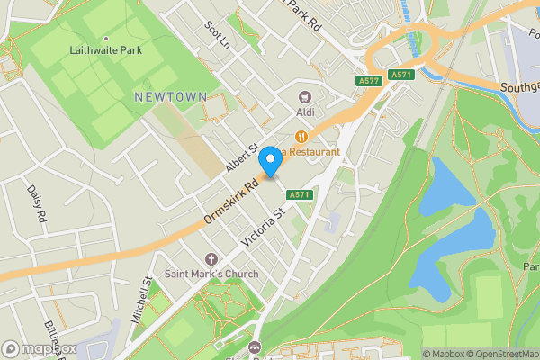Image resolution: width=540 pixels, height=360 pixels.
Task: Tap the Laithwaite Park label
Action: (x=106, y=50)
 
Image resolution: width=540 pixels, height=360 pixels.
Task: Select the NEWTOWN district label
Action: (x=170, y=96)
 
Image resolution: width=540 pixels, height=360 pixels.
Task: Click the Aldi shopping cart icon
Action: (x=304, y=96)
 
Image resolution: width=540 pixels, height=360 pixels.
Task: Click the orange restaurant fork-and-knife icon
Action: (x=301, y=136)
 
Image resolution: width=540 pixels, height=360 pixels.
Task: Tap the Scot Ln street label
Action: (x=217, y=35)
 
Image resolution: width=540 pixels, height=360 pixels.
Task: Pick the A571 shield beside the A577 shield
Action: (x=401, y=75)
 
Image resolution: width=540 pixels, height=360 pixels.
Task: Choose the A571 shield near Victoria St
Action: (x=300, y=194)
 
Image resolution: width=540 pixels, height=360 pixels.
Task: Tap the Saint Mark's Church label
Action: (x=211, y=274)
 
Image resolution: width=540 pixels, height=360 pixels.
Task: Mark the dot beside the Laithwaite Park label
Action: (x=106, y=38)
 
